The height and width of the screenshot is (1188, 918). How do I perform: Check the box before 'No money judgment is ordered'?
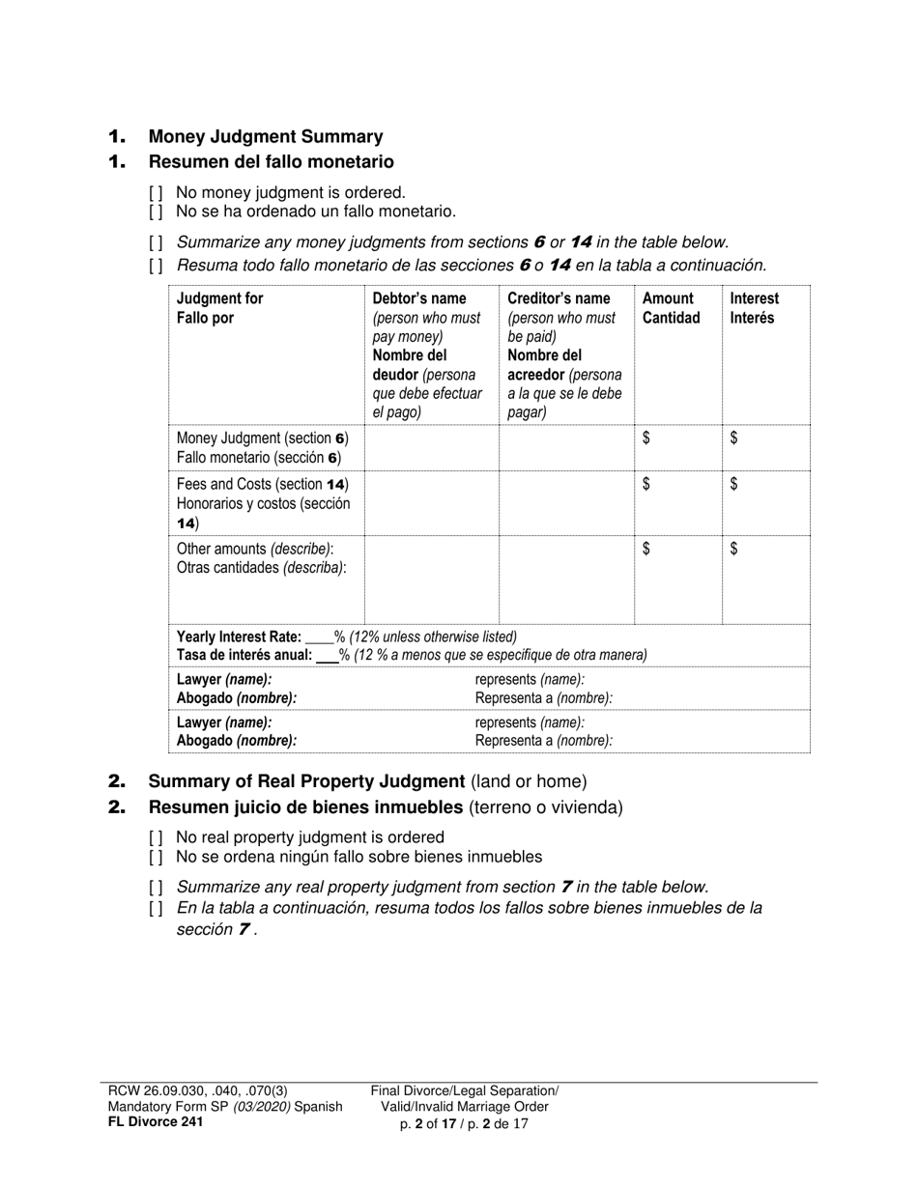pos(156,193)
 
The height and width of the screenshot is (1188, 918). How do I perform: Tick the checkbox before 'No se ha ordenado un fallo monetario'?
pos(156,212)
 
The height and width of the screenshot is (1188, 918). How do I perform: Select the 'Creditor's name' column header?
pos(559,298)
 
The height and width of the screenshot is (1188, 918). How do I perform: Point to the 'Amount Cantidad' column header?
pos(671,308)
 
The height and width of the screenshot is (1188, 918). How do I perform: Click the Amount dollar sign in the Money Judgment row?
pos(646,438)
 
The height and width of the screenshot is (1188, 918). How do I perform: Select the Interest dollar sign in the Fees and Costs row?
pos(734,485)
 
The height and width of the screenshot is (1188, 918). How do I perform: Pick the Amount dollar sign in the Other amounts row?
pos(646,550)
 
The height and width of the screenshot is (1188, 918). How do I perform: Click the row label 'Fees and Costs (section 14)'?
pos(262,485)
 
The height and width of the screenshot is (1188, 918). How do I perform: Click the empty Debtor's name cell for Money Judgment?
pos(431,447)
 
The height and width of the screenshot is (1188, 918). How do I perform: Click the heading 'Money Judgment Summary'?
pos(266,137)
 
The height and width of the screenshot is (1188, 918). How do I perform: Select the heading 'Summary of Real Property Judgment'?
pos(306,781)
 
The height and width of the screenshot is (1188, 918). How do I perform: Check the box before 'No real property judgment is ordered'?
pos(156,838)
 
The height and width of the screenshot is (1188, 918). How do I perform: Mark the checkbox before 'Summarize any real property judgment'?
pos(156,887)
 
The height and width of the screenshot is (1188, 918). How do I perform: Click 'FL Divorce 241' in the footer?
pos(156,1121)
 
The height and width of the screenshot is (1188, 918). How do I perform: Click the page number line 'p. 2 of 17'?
pos(464,1123)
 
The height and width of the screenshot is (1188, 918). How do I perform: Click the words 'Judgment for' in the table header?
pos(220,298)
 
